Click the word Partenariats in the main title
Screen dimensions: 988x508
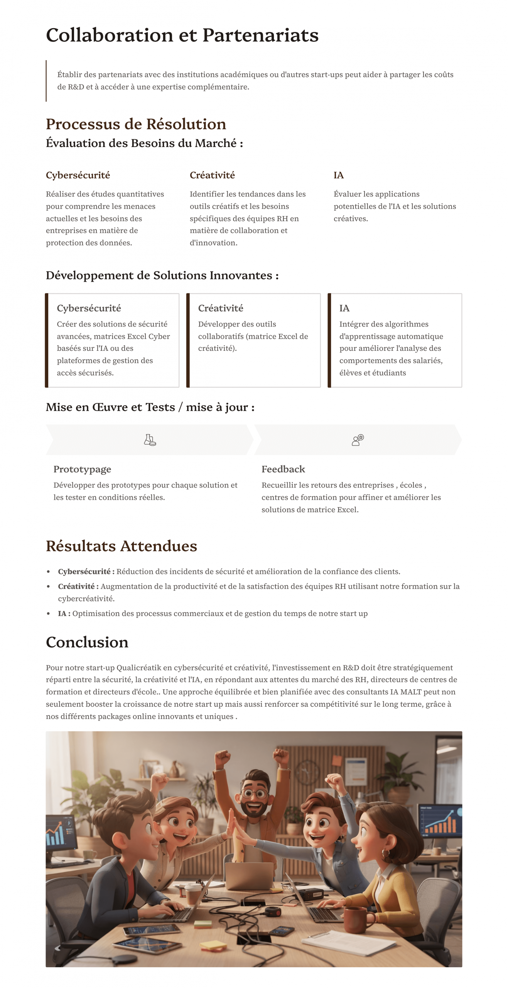(260, 36)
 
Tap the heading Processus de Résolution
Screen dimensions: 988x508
(136, 124)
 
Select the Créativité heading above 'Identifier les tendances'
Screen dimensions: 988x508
(212, 175)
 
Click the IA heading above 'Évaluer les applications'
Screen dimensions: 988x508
(338, 175)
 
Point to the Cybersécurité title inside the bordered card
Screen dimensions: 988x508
(89, 308)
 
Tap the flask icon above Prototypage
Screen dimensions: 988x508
(150, 440)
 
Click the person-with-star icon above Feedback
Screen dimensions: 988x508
(358, 440)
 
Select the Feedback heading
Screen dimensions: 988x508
(283, 469)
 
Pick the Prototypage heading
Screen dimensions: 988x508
(82, 469)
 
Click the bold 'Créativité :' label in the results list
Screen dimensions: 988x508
(78, 586)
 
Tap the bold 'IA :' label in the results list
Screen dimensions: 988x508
(64, 613)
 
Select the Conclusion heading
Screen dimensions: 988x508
(87, 642)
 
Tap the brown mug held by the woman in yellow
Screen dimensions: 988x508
(354, 918)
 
